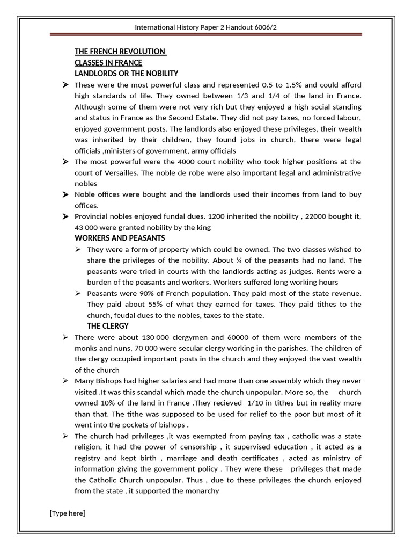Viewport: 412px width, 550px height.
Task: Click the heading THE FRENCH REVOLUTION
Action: pyautogui.click(x=120, y=52)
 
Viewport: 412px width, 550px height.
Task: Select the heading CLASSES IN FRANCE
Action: pyautogui.click(x=108, y=63)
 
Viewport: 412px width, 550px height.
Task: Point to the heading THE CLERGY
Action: pyautogui.click(x=108, y=326)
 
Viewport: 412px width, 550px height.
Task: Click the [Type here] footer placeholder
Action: pyautogui.click(x=68, y=513)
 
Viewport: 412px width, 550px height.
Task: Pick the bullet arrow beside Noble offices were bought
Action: pyautogui.click(x=65, y=194)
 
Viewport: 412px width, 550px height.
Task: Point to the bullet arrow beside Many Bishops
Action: pyautogui.click(x=65, y=381)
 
